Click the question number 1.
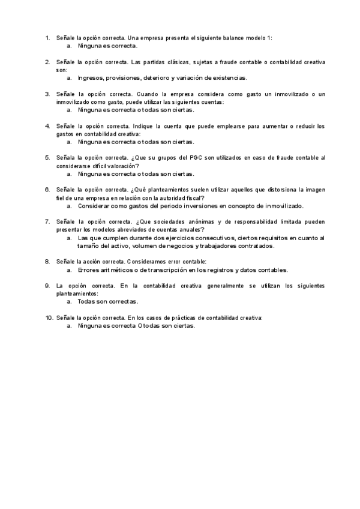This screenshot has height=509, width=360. coord(47,38)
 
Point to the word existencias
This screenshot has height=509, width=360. coord(227,78)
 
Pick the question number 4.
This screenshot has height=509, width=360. coord(47,126)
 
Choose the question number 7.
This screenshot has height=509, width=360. coord(47,221)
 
